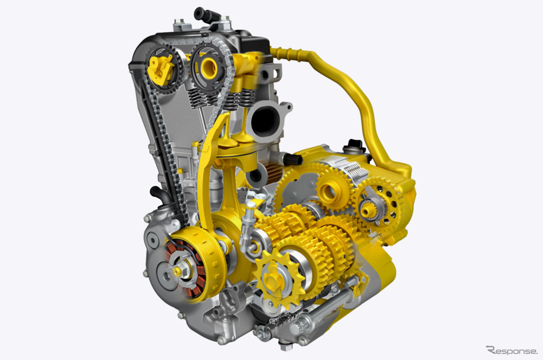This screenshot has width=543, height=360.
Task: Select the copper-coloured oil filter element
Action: pos(273,172)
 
